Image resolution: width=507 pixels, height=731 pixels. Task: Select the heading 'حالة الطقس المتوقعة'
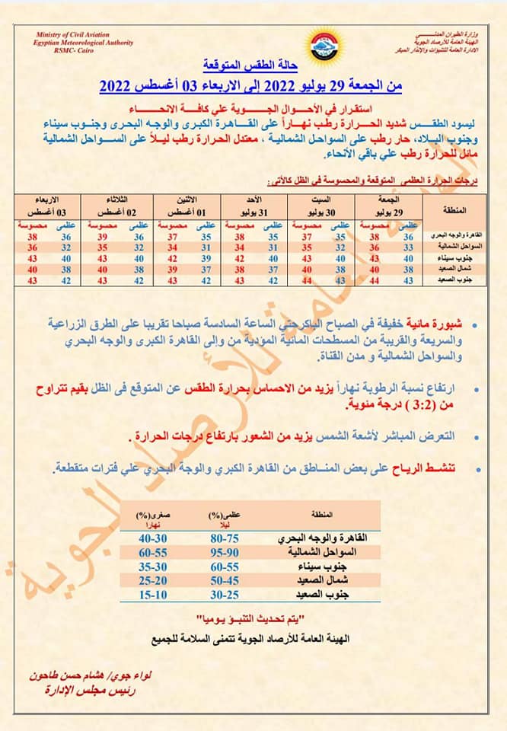click(253, 65)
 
